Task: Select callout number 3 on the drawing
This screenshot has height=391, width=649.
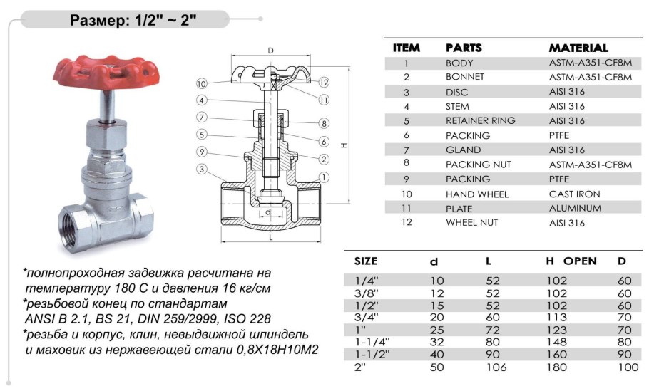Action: (x=202, y=169)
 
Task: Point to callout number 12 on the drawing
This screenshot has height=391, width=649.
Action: (x=324, y=82)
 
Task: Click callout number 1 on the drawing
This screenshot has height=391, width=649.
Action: (x=324, y=177)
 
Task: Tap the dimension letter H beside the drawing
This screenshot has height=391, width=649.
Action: (x=344, y=145)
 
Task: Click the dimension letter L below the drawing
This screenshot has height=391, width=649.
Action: (x=270, y=237)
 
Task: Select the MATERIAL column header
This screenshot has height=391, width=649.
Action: (x=578, y=48)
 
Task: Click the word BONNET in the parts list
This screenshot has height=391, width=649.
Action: (x=465, y=77)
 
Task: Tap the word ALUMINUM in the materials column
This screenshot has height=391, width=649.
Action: (x=575, y=208)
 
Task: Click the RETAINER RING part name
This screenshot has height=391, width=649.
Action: (x=480, y=120)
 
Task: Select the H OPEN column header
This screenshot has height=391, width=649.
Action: (x=571, y=261)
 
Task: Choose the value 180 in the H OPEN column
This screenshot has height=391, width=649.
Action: (x=556, y=367)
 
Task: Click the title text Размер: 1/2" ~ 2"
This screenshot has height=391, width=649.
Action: (x=132, y=20)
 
